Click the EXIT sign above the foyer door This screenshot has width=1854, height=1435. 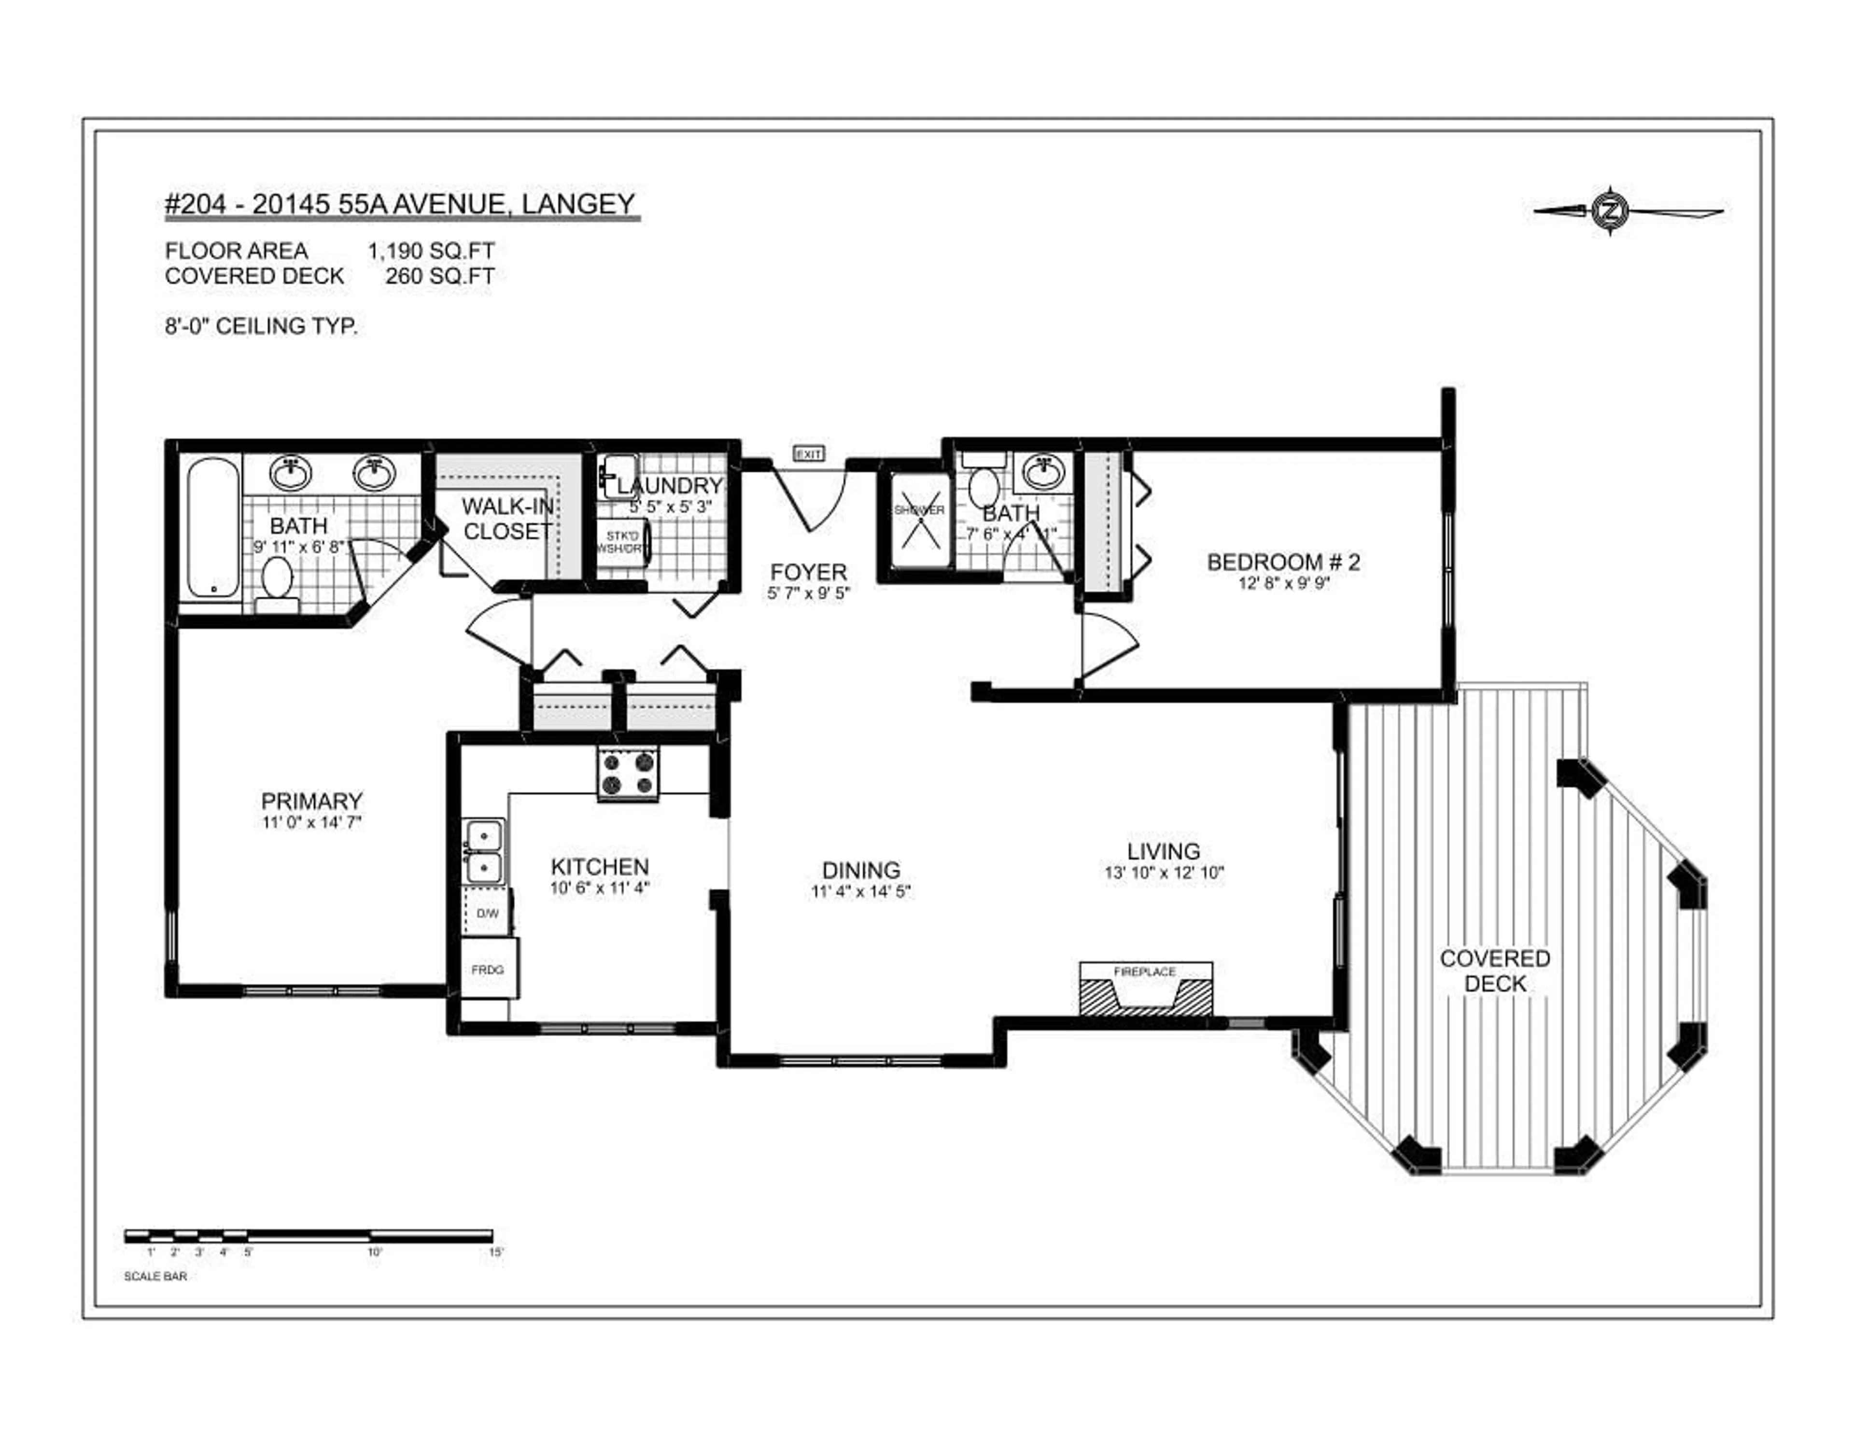pos(808,454)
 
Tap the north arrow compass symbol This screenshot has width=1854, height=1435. pos(1609,209)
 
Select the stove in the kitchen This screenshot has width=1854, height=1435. pos(628,774)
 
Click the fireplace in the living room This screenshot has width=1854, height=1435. pos(1145,990)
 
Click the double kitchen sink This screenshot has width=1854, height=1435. pos(483,852)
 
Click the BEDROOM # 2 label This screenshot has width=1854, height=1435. pos(1283,562)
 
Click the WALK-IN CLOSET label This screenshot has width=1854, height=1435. pos(507,519)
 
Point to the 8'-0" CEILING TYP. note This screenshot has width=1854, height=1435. pos(262,326)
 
